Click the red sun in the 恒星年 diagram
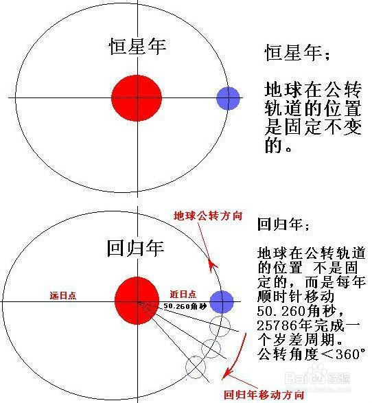click(137, 98)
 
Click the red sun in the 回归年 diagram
click(137, 301)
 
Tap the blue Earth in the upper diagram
click(228, 98)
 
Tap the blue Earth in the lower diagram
click(222, 302)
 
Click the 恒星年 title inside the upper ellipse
click(137, 47)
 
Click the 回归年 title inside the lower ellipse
click(135, 249)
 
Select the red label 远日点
click(63, 296)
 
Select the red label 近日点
click(183, 294)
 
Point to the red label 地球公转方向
click(208, 216)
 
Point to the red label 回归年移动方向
click(264, 395)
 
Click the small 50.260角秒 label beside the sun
click(185, 306)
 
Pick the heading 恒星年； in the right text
click(297, 53)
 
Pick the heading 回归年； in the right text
click(283, 224)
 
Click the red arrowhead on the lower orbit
click(212, 266)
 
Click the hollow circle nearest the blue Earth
click(220, 326)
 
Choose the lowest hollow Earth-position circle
click(196, 367)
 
